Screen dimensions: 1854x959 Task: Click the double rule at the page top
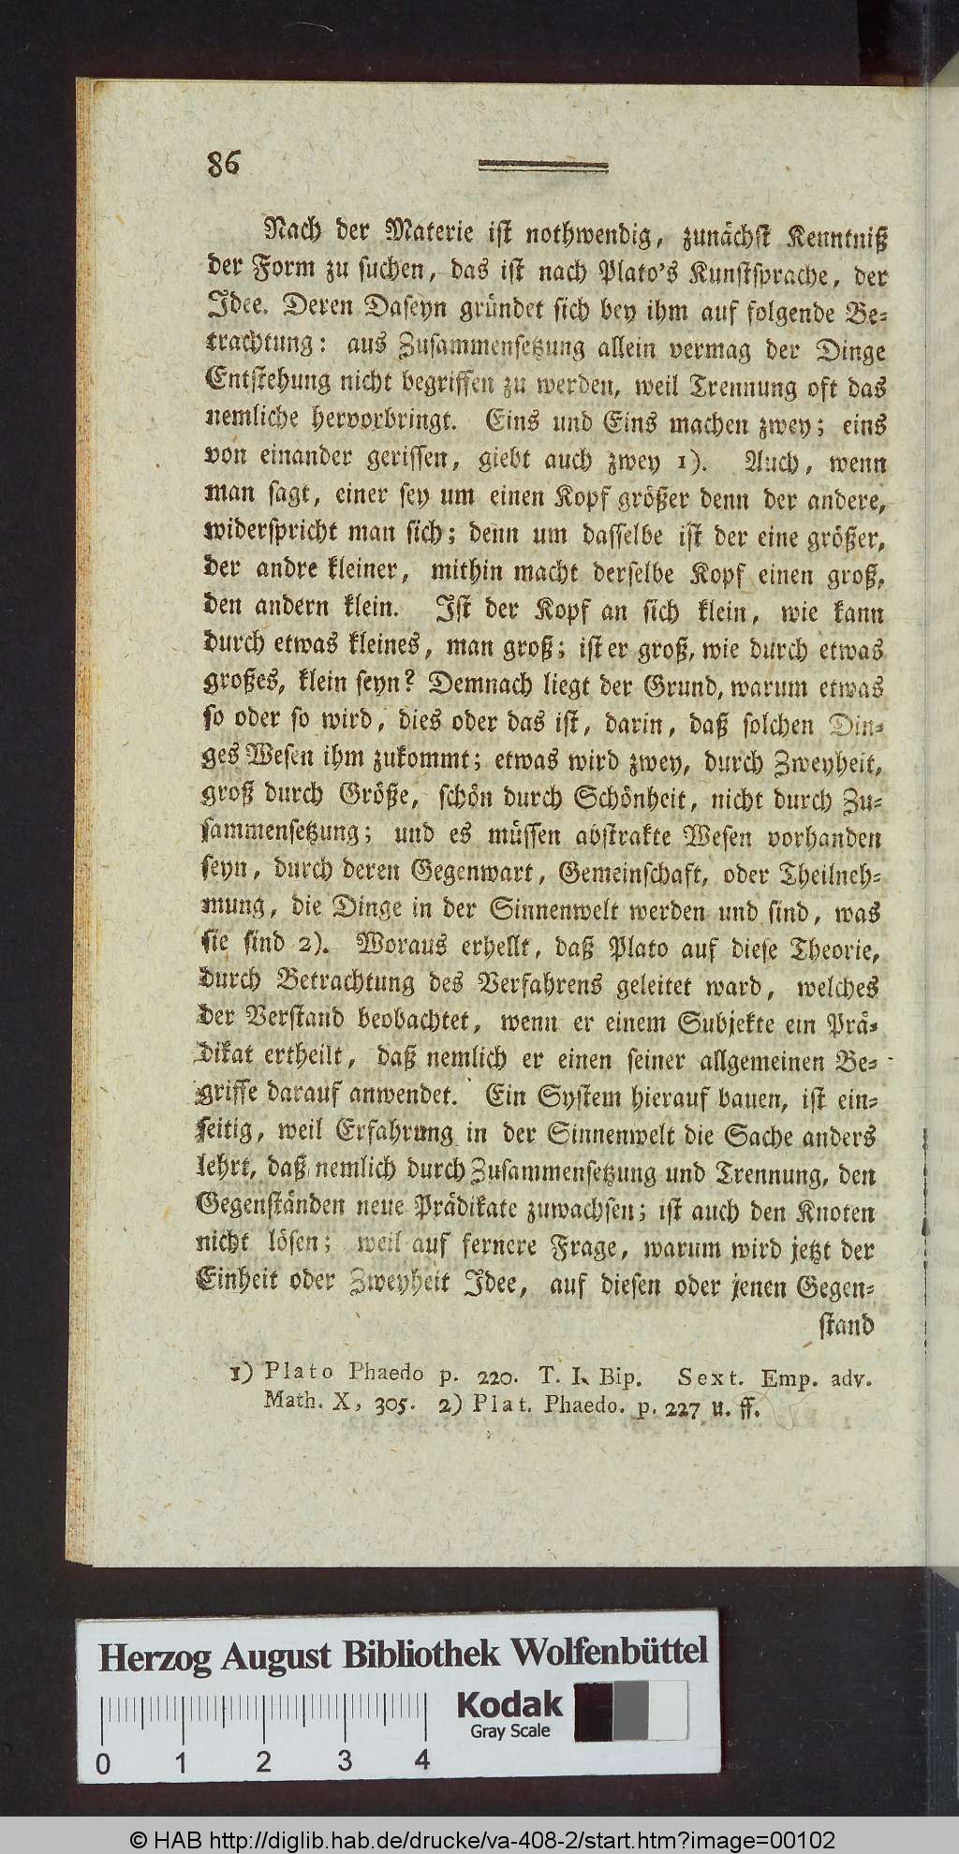(x=542, y=167)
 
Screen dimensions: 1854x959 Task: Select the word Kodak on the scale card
(x=509, y=1703)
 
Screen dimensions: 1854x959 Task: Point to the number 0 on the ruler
(x=102, y=1765)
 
